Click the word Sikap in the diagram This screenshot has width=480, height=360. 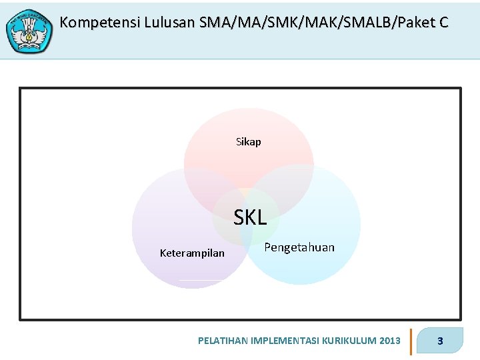(x=248, y=142)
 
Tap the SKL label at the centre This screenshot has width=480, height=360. (x=250, y=217)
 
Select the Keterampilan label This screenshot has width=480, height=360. (x=192, y=253)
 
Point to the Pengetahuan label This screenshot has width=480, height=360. (x=299, y=247)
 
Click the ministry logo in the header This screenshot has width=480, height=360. (x=29, y=31)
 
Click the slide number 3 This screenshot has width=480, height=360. (x=440, y=341)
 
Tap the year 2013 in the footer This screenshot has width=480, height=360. (x=389, y=341)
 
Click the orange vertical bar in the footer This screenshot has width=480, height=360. (x=411, y=341)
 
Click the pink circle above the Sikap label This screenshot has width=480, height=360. (x=248, y=123)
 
